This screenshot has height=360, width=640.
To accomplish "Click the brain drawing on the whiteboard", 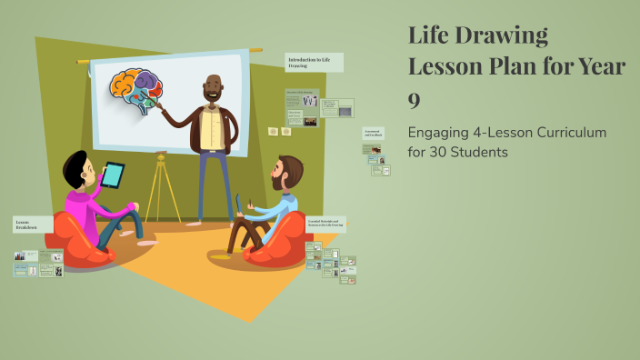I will [x=136, y=90].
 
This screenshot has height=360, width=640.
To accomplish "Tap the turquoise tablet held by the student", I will [x=114, y=175].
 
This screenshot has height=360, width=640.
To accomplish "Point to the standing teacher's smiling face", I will [x=215, y=90].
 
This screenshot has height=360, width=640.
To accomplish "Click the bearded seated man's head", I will [x=288, y=172].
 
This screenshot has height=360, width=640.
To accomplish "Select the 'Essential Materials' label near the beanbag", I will [x=325, y=223].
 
